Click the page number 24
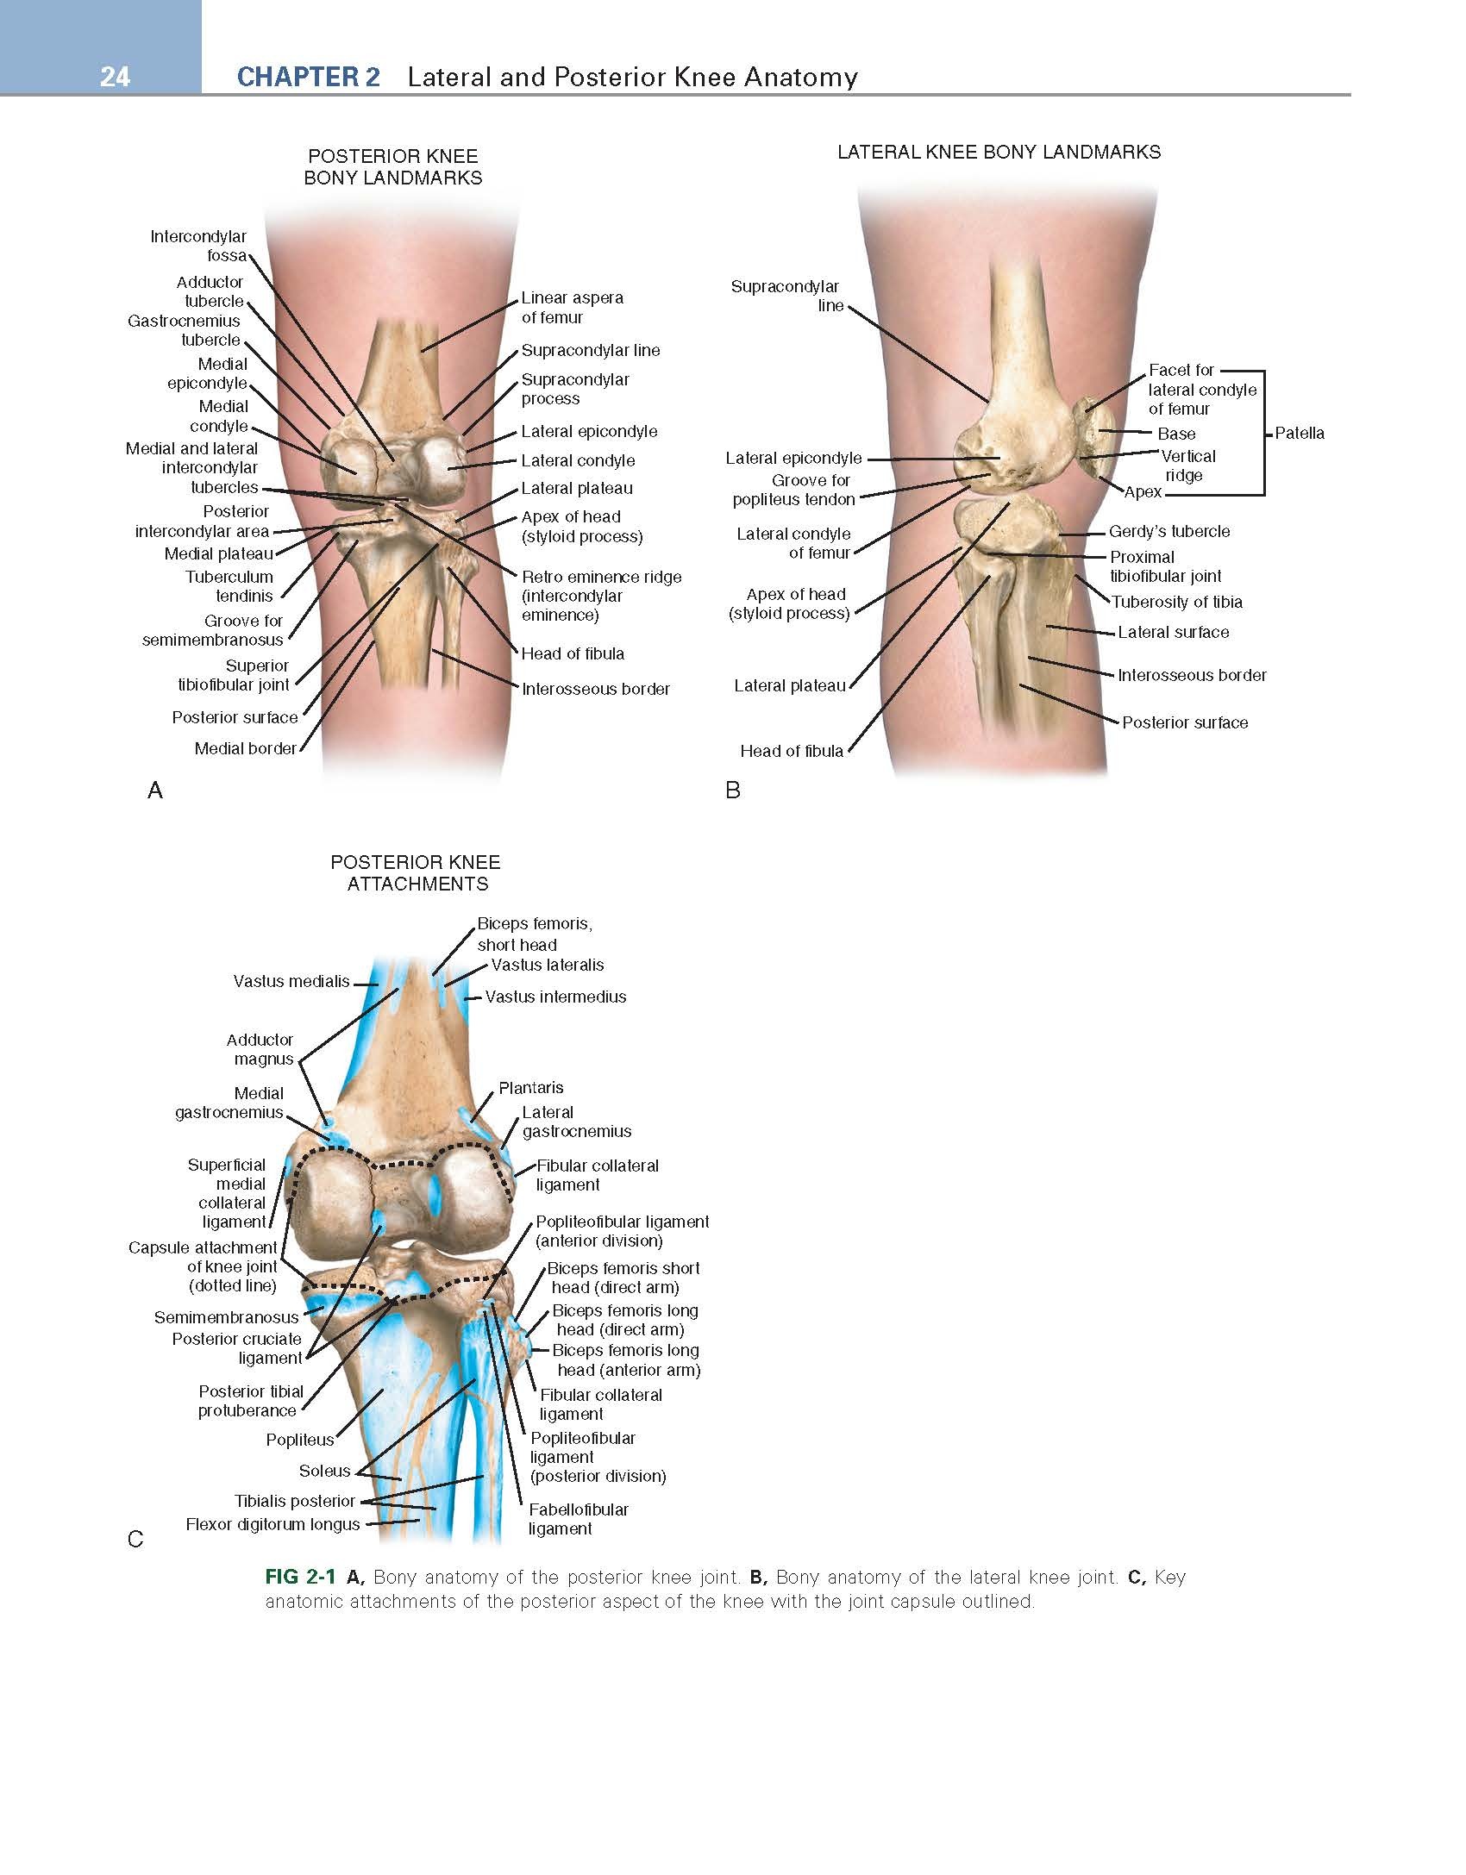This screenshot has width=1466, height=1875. tap(115, 77)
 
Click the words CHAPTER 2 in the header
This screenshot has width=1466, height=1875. tap(308, 77)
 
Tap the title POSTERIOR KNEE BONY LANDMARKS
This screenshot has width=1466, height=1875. tap(393, 167)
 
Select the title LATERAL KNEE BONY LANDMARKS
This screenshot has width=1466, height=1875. tap(999, 153)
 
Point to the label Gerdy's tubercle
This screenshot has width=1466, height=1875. tap(1169, 532)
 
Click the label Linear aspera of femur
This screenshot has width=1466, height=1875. tap(573, 308)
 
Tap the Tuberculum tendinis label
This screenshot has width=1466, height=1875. tap(229, 586)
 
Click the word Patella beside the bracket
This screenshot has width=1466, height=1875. tap(1300, 433)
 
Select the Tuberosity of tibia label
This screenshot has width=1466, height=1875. tap(1177, 602)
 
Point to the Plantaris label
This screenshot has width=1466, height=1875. tap(531, 1088)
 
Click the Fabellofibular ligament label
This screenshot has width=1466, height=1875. tap(579, 1519)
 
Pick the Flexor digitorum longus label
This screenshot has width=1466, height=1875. tap(273, 1524)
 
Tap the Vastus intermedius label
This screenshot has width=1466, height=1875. tap(556, 997)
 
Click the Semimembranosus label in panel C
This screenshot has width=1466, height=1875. tap(227, 1317)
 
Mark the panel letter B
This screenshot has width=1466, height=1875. tap(733, 790)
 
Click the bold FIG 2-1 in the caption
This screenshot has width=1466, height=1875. tap(300, 1578)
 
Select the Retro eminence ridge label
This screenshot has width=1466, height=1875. tap(602, 596)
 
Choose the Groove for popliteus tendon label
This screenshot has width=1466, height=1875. tap(794, 490)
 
